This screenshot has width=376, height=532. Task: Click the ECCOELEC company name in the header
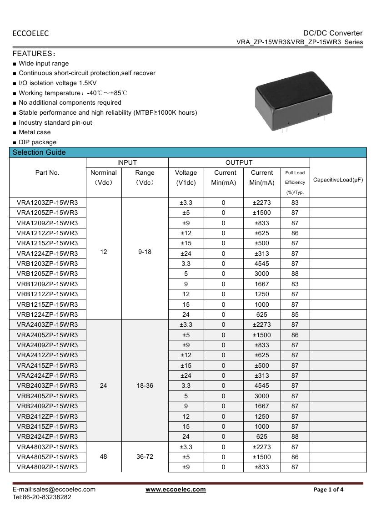(x=30, y=33)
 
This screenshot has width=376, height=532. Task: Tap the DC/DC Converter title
(x=333, y=33)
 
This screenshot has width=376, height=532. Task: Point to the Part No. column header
(x=47, y=173)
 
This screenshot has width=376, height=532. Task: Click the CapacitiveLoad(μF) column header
(x=338, y=180)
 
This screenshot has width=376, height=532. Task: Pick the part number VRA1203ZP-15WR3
(x=47, y=203)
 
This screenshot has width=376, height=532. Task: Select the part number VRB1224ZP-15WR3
(x=47, y=314)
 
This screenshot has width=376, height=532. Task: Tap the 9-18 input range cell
(x=145, y=252)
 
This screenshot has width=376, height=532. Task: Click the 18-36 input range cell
(x=145, y=385)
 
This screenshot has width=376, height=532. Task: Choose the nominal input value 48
(x=104, y=456)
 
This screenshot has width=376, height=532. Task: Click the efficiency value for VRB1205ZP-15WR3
(x=295, y=274)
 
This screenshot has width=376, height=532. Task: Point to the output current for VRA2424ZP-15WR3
(x=262, y=375)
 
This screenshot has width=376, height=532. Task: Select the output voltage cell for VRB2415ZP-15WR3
(x=186, y=426)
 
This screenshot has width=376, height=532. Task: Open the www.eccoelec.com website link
(x=175, y=490)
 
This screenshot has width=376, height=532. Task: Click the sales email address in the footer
(x=54, y=490)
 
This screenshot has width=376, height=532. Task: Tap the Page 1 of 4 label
(x=329, y=490)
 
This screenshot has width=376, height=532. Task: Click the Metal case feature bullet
(x=35, y=132)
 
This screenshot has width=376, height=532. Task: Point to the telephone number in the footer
(x=42, y=497)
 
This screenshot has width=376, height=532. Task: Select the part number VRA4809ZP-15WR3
(x=47, y=467)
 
